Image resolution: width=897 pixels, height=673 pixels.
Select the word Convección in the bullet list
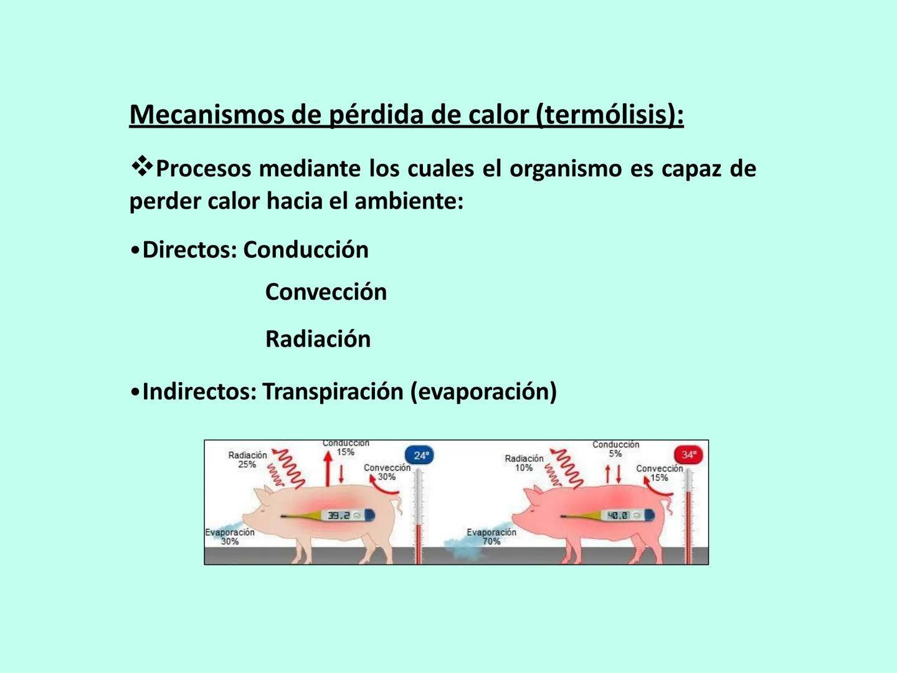tap(326, 292)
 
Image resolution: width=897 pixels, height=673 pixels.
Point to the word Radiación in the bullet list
tap(318, 339)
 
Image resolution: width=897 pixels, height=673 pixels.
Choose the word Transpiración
tap(333, 391)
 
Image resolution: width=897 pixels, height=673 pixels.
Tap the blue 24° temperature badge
tap(420, 456)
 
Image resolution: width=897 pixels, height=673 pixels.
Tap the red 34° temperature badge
tap(688, 455)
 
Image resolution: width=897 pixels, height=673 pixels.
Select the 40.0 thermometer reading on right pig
tap(617, 515)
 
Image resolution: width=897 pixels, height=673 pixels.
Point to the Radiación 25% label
tap(247, 460)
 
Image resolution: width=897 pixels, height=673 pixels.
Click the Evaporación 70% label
tap(491, 537)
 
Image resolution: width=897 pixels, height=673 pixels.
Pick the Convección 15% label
tap(659, 473)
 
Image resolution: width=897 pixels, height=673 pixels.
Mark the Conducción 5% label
tap(615, 449)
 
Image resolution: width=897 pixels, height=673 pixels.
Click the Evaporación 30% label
tap(230, 537)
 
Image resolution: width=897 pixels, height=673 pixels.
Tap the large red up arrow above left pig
tap(328, 469)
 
